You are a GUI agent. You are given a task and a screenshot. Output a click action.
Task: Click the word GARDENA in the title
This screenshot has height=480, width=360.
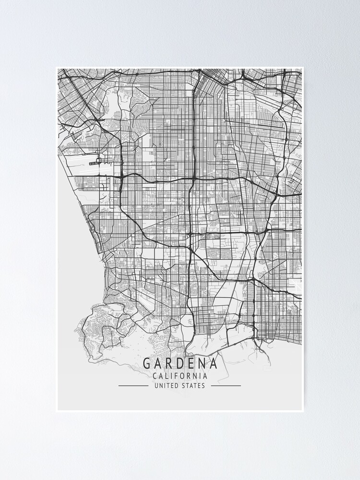point(180,363)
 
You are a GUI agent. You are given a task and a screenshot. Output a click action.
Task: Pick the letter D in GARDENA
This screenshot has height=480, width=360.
point(180,363)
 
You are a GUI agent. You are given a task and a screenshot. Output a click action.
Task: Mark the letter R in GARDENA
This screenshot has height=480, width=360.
point(169,363)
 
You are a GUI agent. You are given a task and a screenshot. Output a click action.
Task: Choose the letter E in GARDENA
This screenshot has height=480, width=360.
point(191,363)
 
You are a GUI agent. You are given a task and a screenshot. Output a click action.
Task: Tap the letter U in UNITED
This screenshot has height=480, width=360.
point(156,385)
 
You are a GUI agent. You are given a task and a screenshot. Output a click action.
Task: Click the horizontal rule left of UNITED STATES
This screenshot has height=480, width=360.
point(133,385)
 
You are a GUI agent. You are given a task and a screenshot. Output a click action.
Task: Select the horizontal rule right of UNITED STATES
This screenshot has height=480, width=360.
point(226,385)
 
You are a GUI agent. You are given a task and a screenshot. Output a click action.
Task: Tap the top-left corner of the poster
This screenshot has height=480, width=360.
point(57,68)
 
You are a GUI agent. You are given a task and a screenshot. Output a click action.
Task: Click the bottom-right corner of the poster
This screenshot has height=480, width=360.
point(303,411)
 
